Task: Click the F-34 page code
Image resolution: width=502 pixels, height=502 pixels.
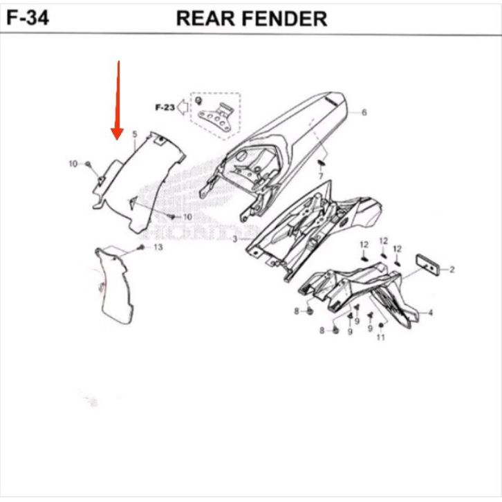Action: pyautogui.click(x=28, y=17)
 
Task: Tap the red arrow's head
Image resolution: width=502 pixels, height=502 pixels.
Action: pyautogui.click(x=117, y=133)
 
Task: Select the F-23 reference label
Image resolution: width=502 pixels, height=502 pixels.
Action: pyautogui.click(x=165, y=107)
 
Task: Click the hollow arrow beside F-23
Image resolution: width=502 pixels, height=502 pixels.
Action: pyautogui.click(x=183, y=107)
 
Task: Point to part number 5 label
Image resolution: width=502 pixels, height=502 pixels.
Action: pyautogui.click(x=135, y=134)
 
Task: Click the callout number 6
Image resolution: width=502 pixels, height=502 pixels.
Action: pyautogui.click(x=364, y=113)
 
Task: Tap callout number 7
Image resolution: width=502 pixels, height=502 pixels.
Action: pyautogui.click(x=321, y=176)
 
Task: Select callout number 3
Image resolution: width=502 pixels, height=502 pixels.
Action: pyautogui.click(x=235, y=239)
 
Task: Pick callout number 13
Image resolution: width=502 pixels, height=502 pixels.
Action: pyautogui.click(x=158, y=247)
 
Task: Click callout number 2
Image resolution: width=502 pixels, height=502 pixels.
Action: pyautogui.click(x=452, y=270)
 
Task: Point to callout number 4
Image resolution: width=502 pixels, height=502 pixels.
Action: pyautogui.click(x=430, y=312)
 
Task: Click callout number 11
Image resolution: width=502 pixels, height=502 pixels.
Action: pyautogui.click(x=381, y=337)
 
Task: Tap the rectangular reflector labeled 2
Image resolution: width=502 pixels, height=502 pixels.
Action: pyautogui.click(x=428, y=264)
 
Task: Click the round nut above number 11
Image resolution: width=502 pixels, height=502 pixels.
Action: pyautogui.click(x=381, y=325)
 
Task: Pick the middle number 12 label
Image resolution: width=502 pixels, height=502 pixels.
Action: pyautogui.click(x=384, y=241)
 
